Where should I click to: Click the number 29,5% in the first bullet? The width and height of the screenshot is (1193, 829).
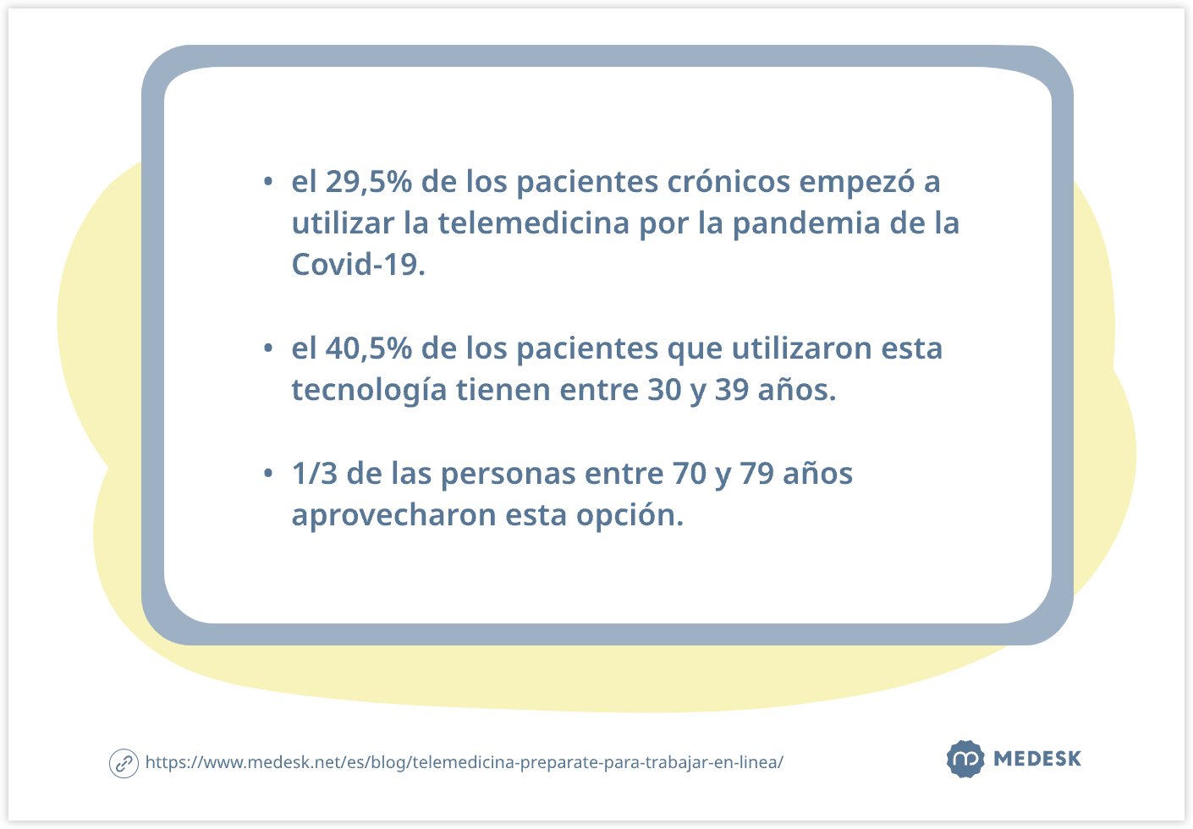point(369,183)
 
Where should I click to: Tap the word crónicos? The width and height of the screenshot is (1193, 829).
point(728,182)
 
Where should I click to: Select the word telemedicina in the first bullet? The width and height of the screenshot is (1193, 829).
point(534,222)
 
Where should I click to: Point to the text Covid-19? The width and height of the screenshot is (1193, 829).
point(359,264)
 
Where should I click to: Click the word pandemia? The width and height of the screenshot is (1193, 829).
point(806,223)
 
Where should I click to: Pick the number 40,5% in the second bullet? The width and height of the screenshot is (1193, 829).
point(369,349)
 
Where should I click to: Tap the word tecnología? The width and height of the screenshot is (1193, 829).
point(369,391)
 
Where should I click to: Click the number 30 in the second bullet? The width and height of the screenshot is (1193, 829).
point(665,390)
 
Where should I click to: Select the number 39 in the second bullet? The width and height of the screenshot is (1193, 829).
point(732,390)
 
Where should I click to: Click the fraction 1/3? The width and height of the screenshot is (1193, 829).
point(315,474)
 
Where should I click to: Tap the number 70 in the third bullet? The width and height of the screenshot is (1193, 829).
point(690,474)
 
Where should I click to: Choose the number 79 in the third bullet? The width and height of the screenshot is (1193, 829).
point(756,474)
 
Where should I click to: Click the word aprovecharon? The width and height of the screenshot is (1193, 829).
point(394,516)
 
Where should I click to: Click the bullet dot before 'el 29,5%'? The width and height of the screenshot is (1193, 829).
point(268,182)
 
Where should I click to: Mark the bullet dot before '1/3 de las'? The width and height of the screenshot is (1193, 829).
point(268,473)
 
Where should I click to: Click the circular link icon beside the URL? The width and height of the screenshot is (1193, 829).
point(124,763)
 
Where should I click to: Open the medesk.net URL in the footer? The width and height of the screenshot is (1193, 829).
point(464,763)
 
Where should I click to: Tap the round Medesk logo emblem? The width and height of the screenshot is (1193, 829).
point(965,759)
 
